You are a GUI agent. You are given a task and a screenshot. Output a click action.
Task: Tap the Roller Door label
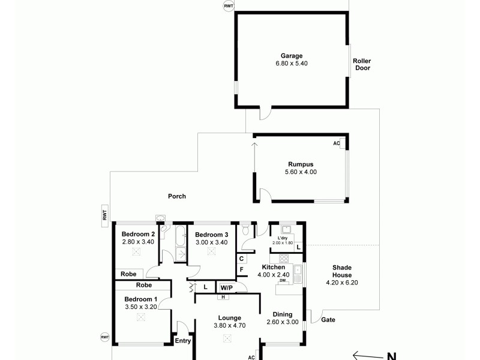tap(362, 64)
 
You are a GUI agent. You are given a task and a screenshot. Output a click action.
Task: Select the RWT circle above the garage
tap(229, 6)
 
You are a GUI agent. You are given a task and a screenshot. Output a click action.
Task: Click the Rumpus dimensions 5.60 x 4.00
tap(301, 172)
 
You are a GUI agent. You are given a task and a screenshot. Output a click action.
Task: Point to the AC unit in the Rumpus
tap(337, 143)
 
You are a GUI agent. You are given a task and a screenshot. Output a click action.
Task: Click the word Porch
tap(177, 196)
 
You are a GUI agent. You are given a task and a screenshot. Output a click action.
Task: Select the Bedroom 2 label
tap(139, 234)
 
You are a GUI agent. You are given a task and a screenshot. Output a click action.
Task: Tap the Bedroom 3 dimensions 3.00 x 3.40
tap(211, 242)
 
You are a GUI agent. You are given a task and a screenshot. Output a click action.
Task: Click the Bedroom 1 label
tap(141, 299)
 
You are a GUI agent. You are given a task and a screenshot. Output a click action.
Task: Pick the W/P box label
tap(226, 287)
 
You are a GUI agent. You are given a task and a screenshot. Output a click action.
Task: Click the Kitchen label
tap(273, 267)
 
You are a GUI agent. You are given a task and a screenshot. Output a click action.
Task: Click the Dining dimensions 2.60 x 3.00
tap(283, 322)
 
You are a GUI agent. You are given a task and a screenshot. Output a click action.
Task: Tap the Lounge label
tap(230, 318)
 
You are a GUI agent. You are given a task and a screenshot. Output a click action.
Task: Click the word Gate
tap(328, 320)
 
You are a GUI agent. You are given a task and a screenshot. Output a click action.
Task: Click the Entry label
tap(182, 341)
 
